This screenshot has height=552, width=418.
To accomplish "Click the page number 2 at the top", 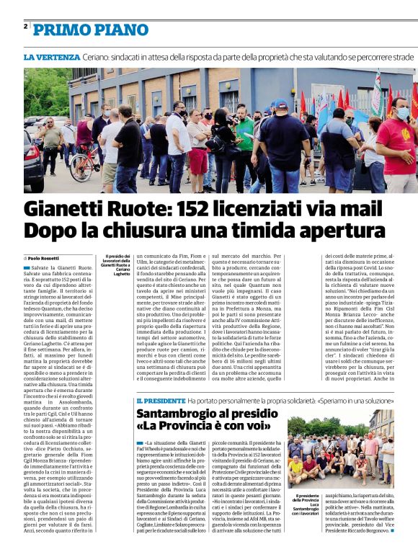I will pos(25,26).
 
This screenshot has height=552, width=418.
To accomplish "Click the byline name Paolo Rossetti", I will pos(43,257).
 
